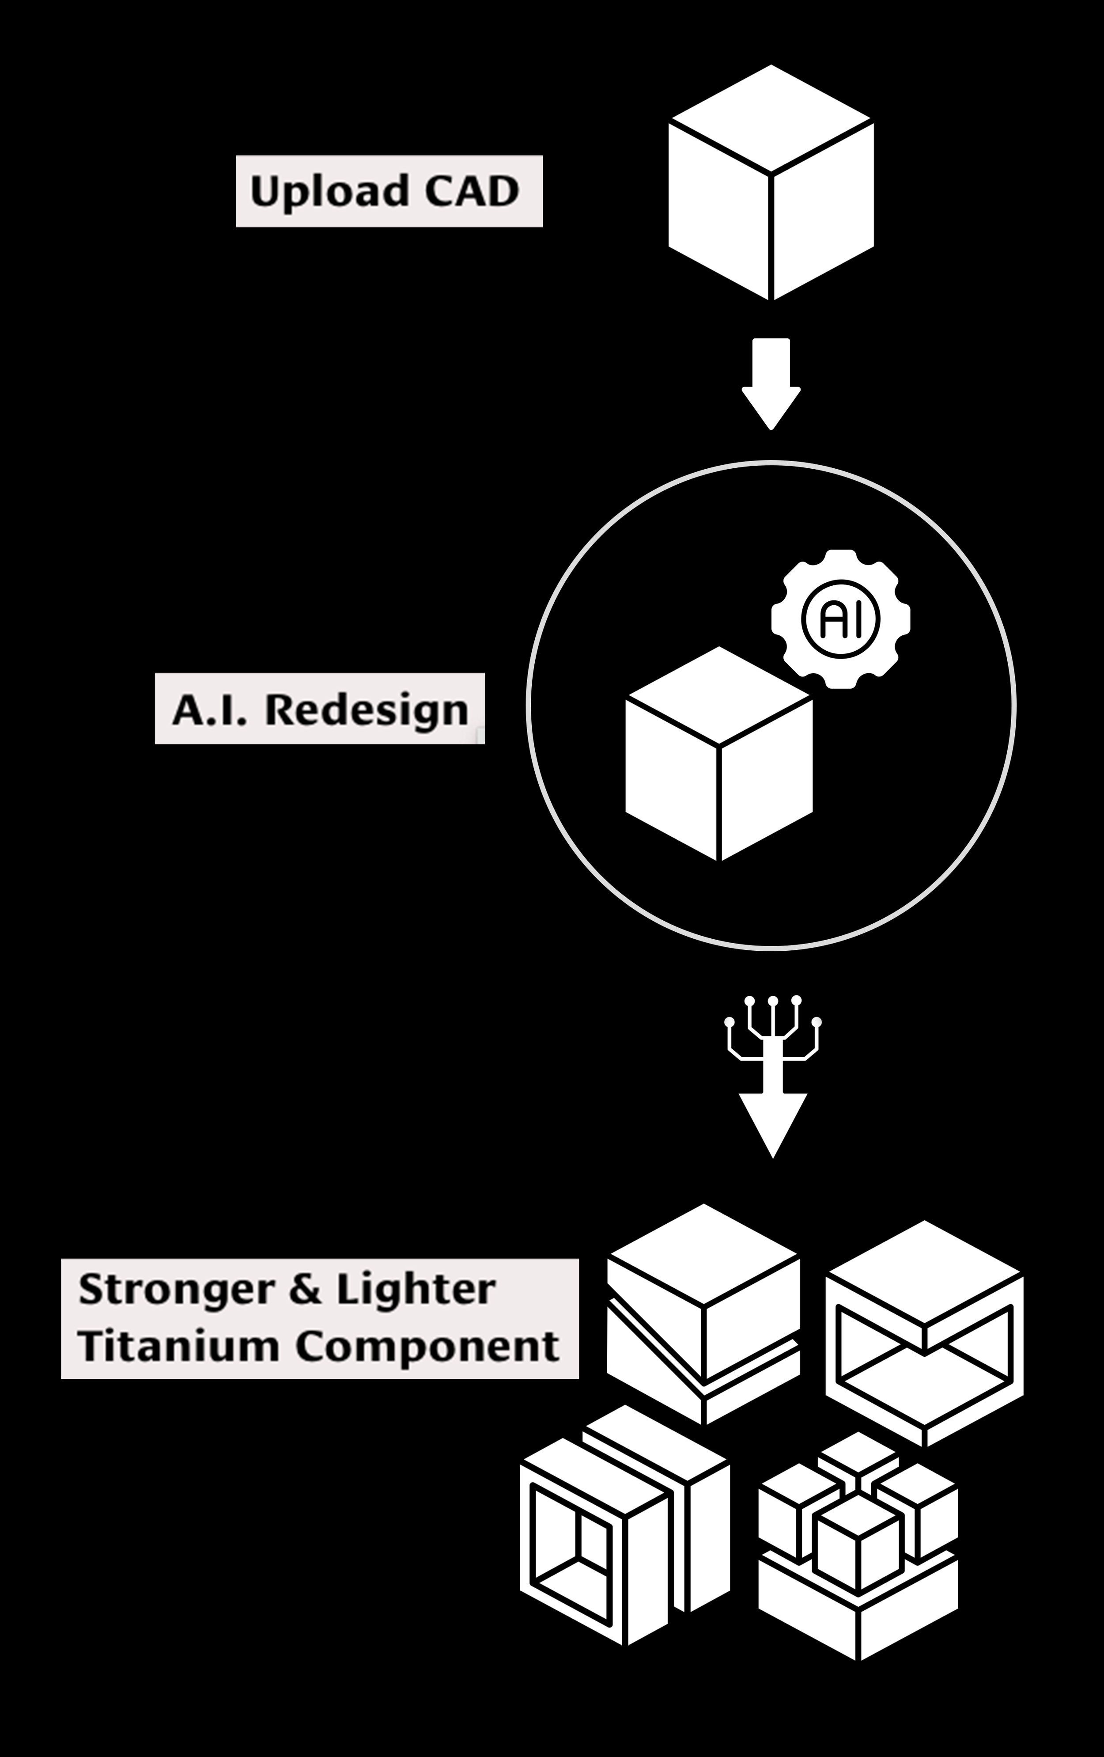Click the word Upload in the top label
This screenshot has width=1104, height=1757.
coord(319,192)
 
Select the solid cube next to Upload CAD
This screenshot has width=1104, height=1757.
coord(771,182)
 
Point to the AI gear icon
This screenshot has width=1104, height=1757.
coord(841,619)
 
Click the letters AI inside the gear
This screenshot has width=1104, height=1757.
coord(841,619)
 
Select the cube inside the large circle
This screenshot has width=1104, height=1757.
coord(719,754)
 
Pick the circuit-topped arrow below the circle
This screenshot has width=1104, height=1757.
coord(773,1076)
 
